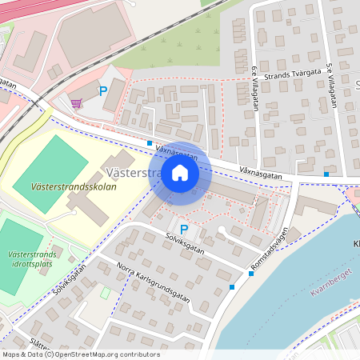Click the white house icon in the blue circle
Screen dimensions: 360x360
pos(180,173)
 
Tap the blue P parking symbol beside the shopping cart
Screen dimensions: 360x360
pos(102,91)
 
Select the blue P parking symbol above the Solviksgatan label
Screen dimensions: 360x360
pos(184,230)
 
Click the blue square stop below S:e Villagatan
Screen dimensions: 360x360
pos(326,174)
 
